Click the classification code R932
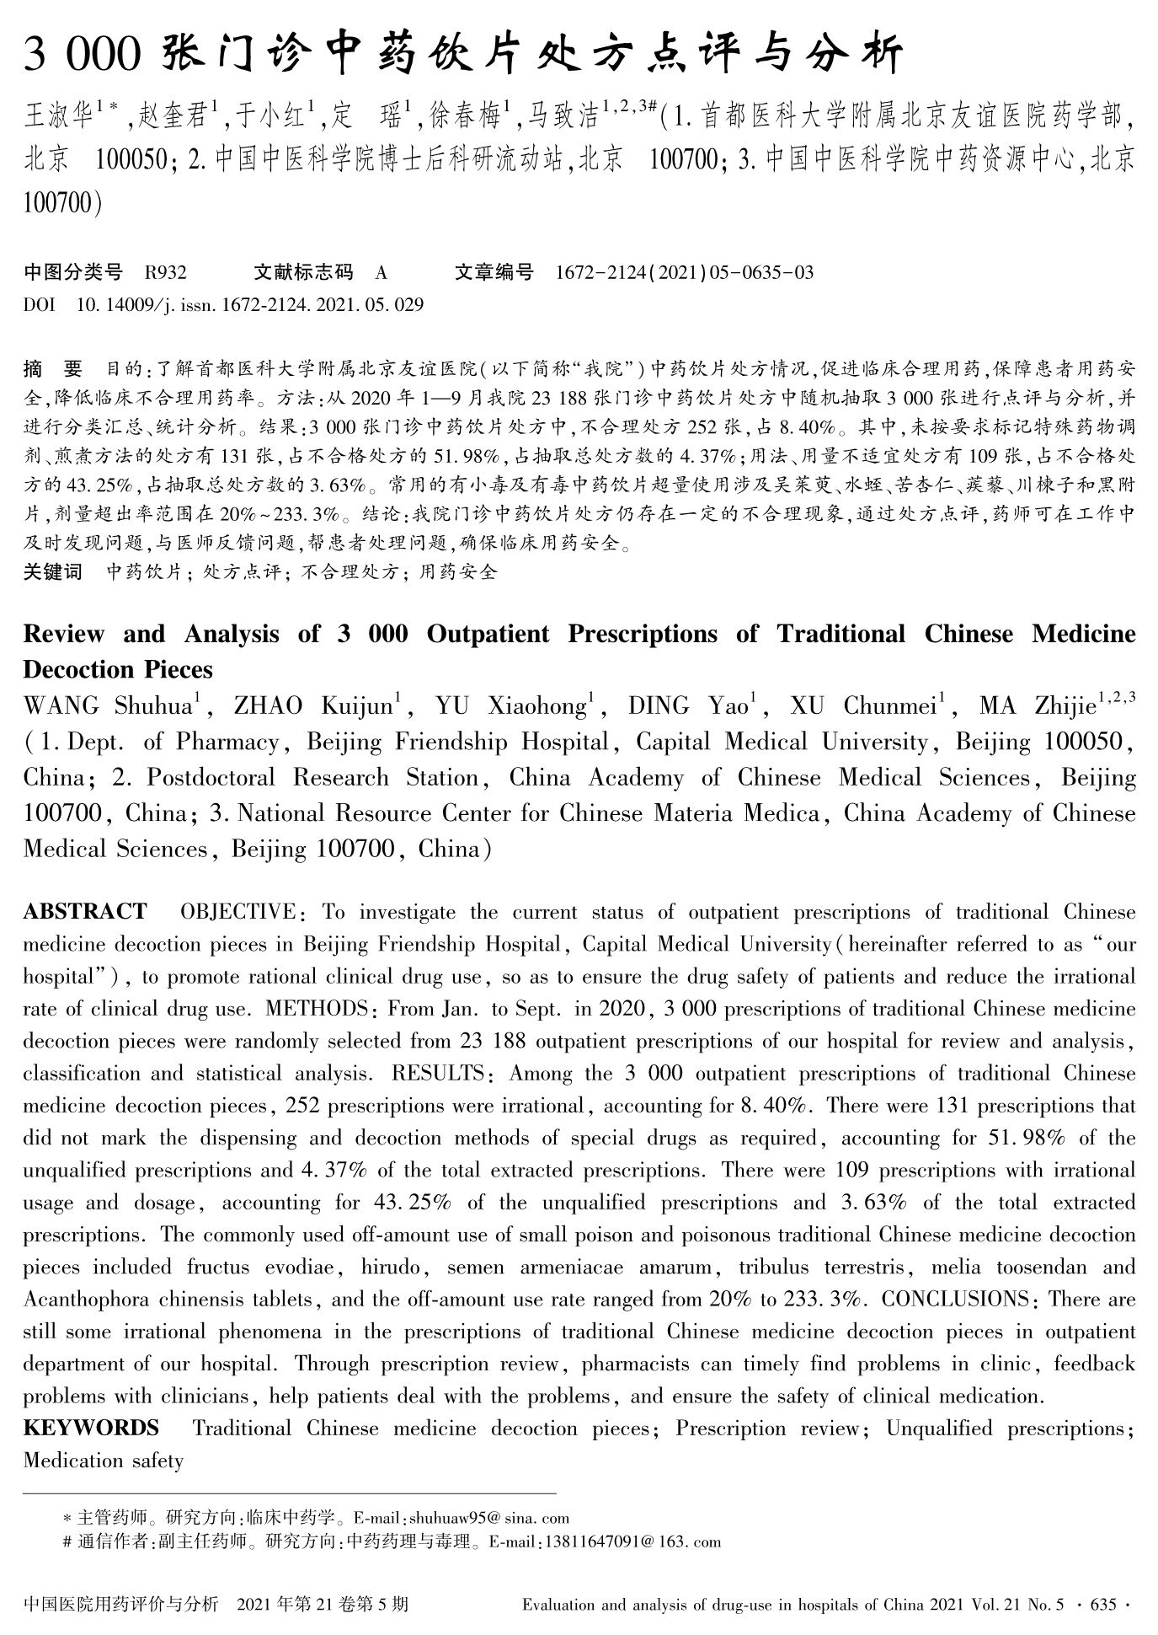[165, 272]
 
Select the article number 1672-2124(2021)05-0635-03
[685, 272]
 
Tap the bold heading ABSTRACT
[84, 912]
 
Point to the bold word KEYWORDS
[91, 1429]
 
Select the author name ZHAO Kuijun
[313, 706]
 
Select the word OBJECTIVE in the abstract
[237, 912]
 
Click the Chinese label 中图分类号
[73, 272]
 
